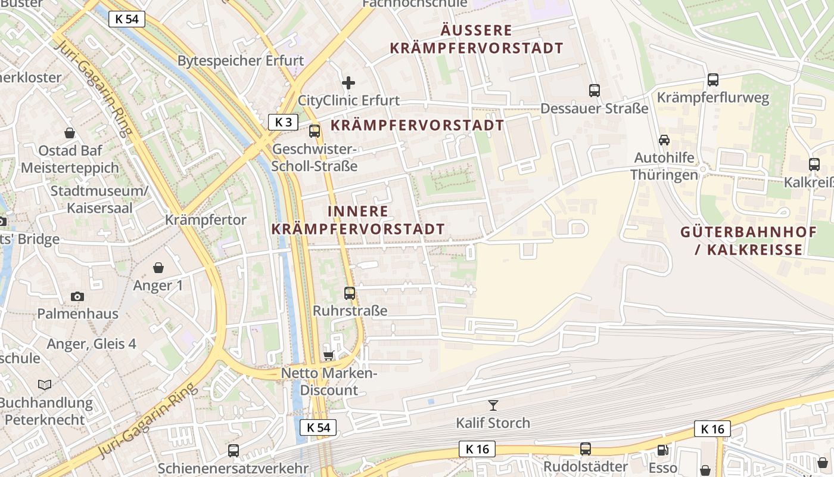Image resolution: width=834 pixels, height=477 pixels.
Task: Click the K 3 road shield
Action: (x=283, y=122)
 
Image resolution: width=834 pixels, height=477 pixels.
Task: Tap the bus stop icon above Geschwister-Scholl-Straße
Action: (x=315, y=131)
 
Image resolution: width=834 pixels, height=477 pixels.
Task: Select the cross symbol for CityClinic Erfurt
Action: (x=348, y=83)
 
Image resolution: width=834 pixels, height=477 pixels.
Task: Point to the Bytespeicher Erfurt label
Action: (x=241, y=61)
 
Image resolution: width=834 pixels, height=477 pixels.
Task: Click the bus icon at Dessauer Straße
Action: (x=594, y=91)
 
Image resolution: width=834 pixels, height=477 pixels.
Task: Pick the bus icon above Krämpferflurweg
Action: (x=713, y=79)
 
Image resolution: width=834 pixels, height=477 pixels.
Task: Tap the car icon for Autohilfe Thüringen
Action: (x=664, y=140)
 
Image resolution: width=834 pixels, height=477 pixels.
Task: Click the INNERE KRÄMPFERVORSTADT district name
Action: (x=358, y=220)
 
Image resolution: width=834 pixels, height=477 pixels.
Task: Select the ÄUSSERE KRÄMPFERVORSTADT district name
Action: (x=477, y=39)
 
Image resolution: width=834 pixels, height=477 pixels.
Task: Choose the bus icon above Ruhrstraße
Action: (x=350, y=293)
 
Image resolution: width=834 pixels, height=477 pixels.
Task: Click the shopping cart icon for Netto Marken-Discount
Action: (x=328, y=356)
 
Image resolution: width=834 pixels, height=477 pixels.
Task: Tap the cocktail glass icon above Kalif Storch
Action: (x=493, y=405)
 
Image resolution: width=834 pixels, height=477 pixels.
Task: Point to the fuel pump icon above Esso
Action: (x=662, y=450)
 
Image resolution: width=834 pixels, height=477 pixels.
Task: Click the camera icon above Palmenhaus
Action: (x=77, y=296)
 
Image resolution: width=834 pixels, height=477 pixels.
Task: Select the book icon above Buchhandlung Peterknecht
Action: (x=45, y=385)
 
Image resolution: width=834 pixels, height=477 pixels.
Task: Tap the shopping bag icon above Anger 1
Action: (x=158, y=268)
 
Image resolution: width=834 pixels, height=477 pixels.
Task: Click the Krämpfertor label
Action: (x=206, y=220)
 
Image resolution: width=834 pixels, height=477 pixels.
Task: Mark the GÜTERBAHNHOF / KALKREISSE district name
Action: (x=749, y=241)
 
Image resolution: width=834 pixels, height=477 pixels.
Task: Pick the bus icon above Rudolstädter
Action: (x=586, y=449)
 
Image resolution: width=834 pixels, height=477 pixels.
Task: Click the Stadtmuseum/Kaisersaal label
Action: (x=99, y=200)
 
